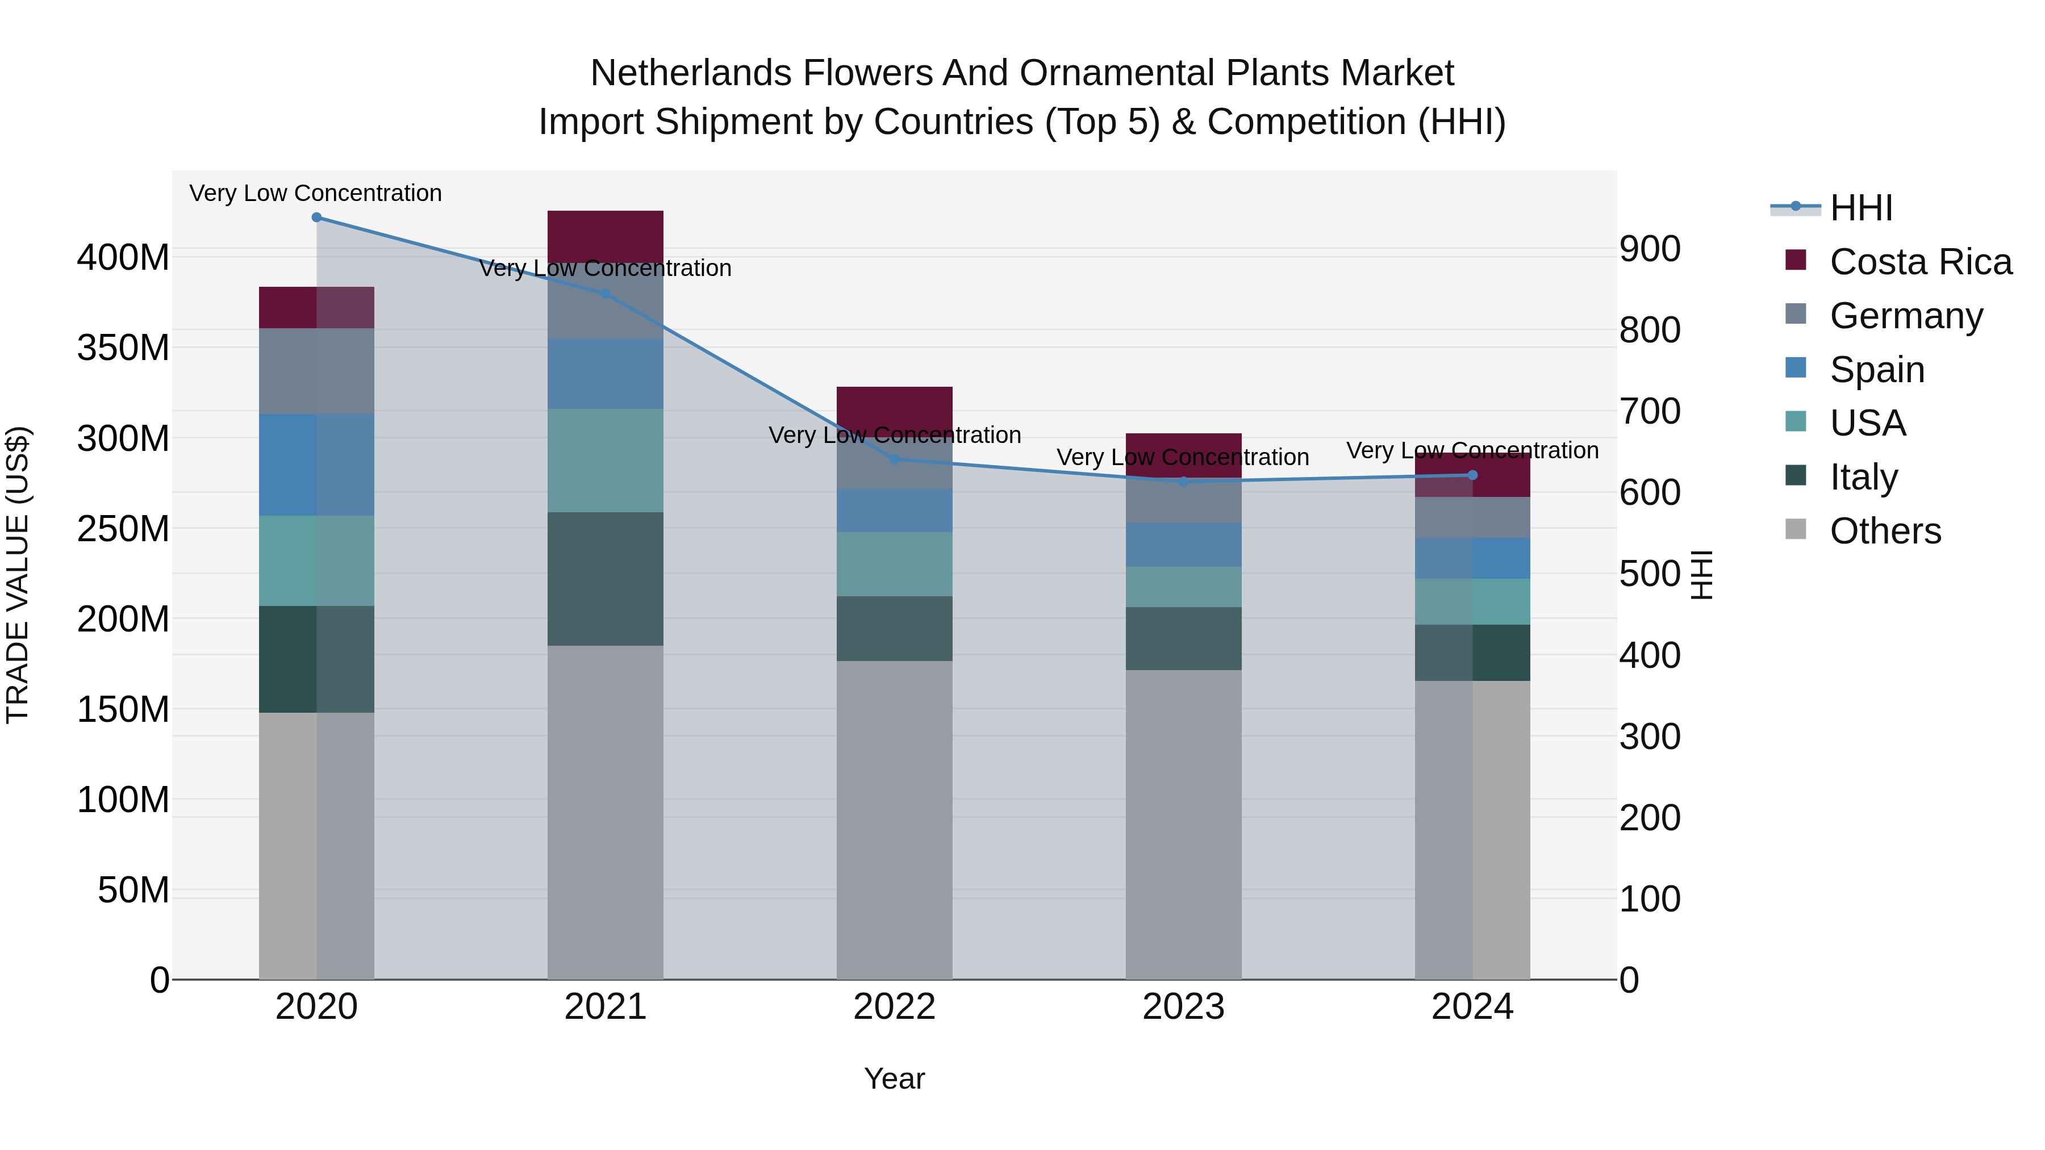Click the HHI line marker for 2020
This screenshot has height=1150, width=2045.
pyautogui.click(x=317, y=218)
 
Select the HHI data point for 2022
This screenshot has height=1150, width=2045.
pyautogui.click(x=895, y=459)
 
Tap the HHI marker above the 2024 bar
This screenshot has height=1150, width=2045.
pyautogui.click(x=1472, y=475)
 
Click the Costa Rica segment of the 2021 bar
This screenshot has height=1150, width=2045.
pyautogui.click(x=606, y=236)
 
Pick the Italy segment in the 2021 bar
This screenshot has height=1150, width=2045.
pyautogui.click(x=606, y=579)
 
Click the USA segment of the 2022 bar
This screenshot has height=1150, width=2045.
pyautogui.click(x=895, y=564)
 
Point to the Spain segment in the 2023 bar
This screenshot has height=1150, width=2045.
pyautogui.click(x=1184, y=545)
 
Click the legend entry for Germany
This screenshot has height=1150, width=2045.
pyautogui.click(x=1905, y=316)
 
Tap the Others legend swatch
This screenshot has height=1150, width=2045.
pyautogui.click(x=1796, y=529)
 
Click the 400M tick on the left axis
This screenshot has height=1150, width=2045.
pyautogui.click(x=123, y=258)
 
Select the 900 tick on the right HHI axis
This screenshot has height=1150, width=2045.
pyautogui.click(x=1650, y=249)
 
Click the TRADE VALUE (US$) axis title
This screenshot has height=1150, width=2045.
pyautogui.click(x=18, y=575)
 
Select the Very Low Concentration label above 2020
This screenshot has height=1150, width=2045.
pyautogui.click(x=315, y=194)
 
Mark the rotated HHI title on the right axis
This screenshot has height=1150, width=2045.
pyautogui.click(x=1702, y=575)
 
